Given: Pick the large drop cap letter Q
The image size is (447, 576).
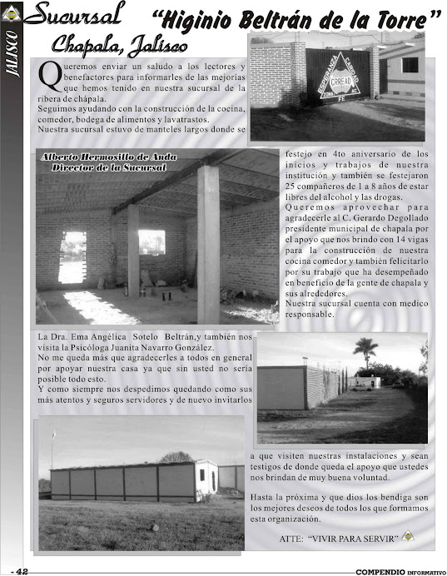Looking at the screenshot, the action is point(48,77).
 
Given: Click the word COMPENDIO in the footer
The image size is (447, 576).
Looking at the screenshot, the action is point(379,571).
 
